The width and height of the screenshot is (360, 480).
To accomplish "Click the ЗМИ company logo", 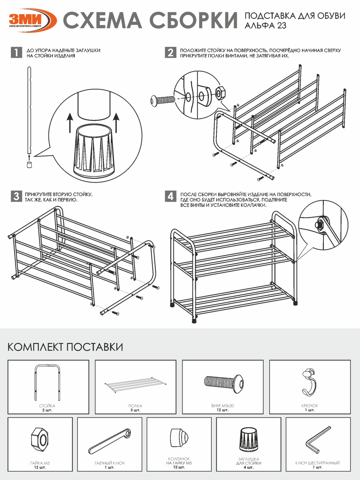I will [x=32, y=20].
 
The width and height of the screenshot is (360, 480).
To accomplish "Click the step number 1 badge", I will [x=17, y=53].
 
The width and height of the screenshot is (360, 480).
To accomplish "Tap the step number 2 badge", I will [x=170, y=53].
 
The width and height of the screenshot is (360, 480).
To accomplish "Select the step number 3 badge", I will [x=17, y=197].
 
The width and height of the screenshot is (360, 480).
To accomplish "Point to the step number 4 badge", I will [x=170, y=197].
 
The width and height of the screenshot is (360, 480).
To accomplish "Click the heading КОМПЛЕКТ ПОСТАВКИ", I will [x=65, y=347].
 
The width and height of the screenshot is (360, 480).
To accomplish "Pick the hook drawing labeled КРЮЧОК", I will [x=309, y=382].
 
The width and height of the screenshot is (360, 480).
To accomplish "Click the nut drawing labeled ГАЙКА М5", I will [x=40, y=439].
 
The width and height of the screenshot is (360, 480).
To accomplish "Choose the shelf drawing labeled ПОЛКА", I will [x=136, y=384].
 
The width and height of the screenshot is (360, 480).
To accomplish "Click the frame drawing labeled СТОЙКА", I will [x=47, y=382].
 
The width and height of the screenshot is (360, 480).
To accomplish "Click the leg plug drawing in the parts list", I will [x=248, y=439].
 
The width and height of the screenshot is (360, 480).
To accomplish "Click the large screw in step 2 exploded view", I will [x=162, y=100].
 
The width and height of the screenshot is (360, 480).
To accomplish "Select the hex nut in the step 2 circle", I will [x=220, y=93].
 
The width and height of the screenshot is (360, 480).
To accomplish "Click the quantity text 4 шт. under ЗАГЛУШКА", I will [x=248, y=467].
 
